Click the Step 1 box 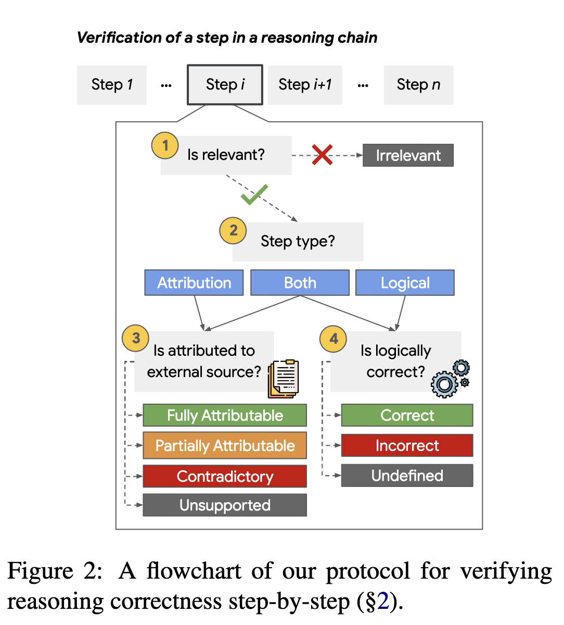112,85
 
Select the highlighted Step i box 225,84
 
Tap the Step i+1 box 305,85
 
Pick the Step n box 418,85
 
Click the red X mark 322,155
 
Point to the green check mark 254,195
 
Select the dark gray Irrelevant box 408,155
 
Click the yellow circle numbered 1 165,145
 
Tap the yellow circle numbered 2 233,231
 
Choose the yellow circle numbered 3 135,338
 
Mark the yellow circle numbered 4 333,339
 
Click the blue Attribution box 194,283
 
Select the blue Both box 300,283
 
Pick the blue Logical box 405,283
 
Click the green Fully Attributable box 225,415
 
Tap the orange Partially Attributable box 225,445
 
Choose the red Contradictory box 225,476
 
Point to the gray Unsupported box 225,505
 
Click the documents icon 283,379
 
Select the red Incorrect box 407,445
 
